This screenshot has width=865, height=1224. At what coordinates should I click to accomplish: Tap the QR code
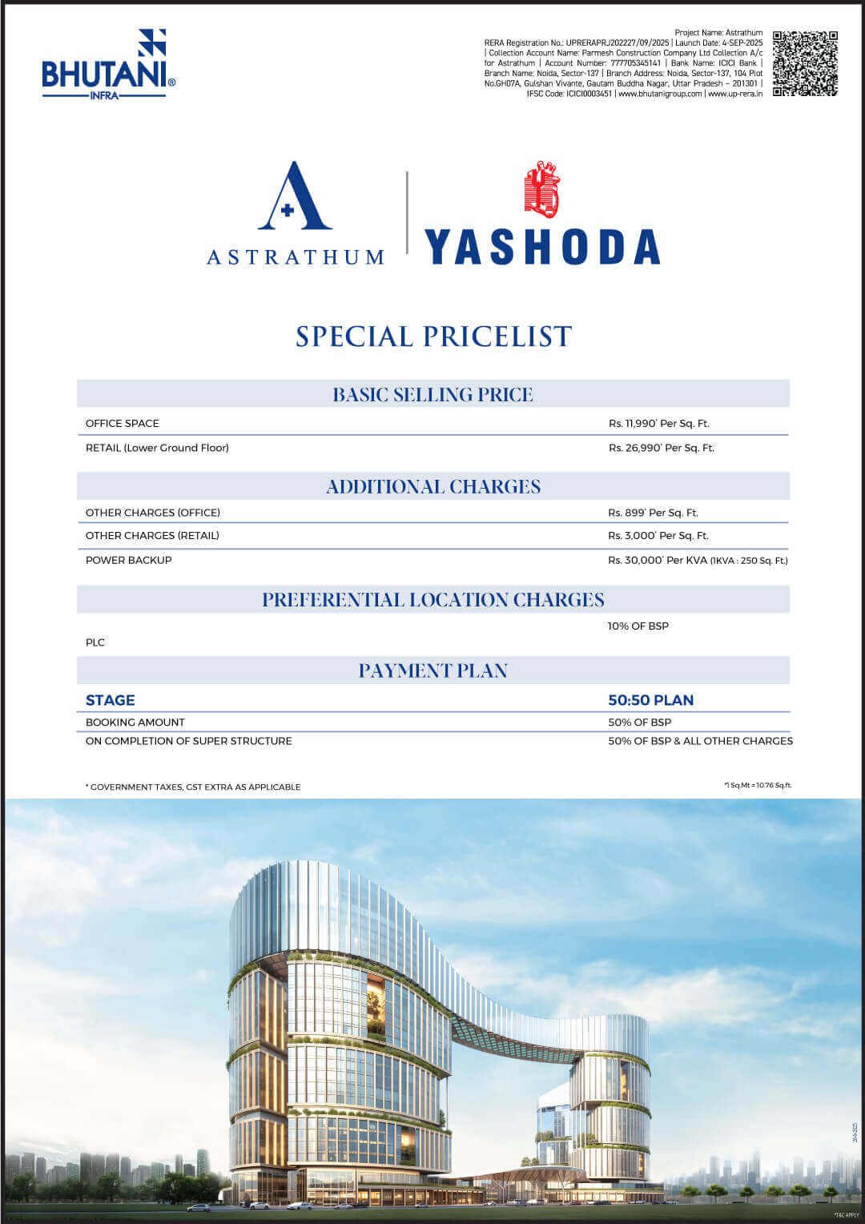[x=804, y=63]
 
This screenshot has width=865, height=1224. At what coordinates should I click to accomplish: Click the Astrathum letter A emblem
[x=294, y=196]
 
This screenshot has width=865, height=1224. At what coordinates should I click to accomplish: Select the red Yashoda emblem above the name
[x=541, y=191]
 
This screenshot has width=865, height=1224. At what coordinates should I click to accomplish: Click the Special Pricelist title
[x=433, y=336]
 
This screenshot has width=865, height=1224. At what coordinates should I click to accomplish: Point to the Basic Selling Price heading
[x=432, y=394]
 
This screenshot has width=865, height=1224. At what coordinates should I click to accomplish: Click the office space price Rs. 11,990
[x=658, y=423]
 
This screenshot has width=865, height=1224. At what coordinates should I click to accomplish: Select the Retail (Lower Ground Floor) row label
[x=157, y=448]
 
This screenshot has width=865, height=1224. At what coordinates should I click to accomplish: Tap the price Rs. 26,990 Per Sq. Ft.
[x=661, y=448]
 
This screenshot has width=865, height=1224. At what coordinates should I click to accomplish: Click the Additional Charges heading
[x=432, y=486]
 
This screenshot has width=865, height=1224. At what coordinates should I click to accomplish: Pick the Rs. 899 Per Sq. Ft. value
[x=653, y=513]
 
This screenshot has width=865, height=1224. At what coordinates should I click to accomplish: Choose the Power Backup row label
[x=128, y=560]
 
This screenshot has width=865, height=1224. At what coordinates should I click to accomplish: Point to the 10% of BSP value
[x=638, y=626]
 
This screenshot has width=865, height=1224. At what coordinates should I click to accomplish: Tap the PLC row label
[x=95, y=642]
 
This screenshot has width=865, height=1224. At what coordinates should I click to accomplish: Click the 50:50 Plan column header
[x=650, y=700]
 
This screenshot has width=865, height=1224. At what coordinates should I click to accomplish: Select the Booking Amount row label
[x=135, y=723]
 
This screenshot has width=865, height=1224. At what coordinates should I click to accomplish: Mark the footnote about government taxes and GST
[x=193, y=787]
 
